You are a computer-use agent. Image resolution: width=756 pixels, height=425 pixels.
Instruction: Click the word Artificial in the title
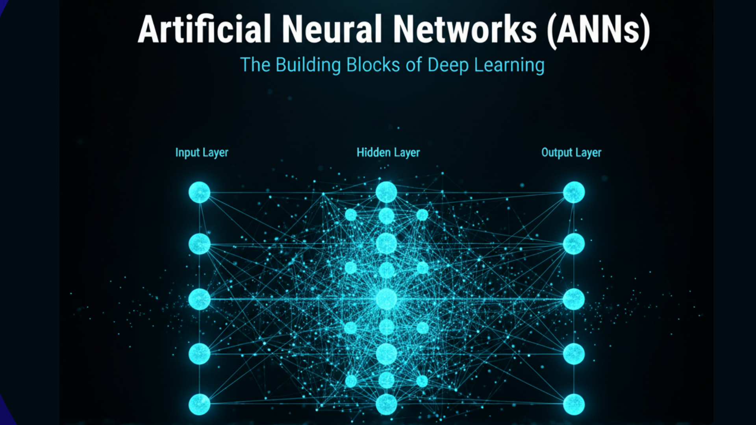tap(204, 30)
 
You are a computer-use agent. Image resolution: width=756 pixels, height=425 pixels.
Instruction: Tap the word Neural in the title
tap(332, 30)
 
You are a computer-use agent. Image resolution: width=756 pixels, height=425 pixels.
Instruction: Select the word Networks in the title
tap(465, 30)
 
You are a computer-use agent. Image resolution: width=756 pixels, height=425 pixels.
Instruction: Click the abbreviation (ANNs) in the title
tap(598, 31)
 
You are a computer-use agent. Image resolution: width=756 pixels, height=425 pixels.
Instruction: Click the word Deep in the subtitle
tap(448, 65)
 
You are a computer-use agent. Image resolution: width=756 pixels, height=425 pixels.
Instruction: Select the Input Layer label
tap(202, 153)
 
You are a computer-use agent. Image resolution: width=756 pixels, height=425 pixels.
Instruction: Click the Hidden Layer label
tap(388, 153)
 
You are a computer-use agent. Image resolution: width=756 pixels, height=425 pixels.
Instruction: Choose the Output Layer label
tap(571, 153)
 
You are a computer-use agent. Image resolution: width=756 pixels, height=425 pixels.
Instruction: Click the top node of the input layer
tap(199, 192)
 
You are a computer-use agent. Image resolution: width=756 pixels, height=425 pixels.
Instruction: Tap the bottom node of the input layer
tap(199, 404)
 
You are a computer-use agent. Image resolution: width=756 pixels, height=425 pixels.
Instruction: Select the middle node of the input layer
tap(199, 299)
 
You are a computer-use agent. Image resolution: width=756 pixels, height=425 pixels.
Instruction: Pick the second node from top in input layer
tap(199, 244)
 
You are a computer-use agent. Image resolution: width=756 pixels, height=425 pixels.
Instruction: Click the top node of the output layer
tap(574, 192)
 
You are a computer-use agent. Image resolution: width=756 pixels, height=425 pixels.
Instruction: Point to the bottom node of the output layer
tap(574, 404)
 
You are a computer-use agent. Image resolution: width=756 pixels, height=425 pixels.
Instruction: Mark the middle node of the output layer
tap(574, 299)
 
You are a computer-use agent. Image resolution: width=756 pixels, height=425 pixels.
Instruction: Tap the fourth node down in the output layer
tap(574, 354)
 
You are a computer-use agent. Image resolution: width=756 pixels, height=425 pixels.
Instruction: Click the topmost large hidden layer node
tap(386, 192)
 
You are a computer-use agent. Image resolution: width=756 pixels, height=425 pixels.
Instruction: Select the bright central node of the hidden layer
tap(386, 299)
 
